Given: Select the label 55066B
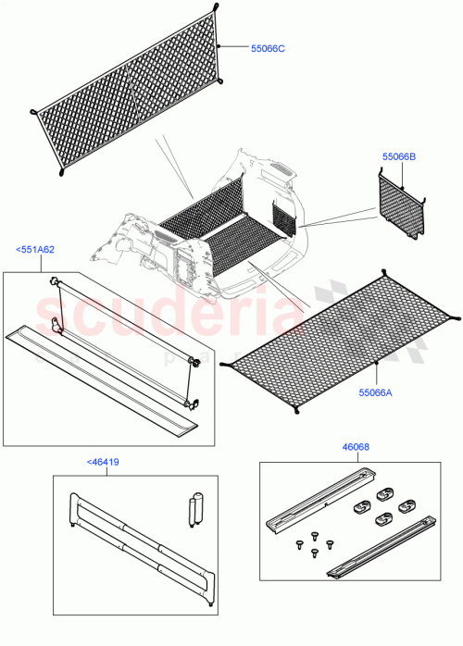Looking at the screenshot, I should point(399,157).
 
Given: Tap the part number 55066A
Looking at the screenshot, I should point(377,392).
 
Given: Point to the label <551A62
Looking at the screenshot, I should point(34,249).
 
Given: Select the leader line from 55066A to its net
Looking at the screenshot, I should point(377,374).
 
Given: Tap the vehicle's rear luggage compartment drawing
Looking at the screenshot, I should point(213,231).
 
